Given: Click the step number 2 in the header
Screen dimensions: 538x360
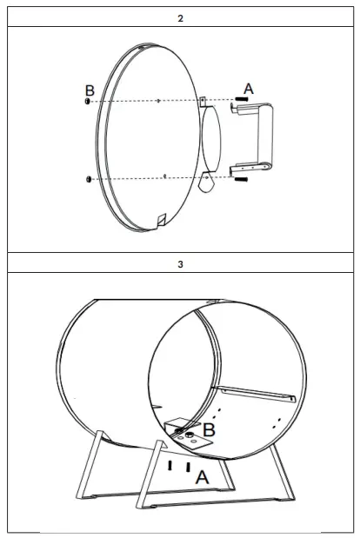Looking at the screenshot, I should pos(180,18).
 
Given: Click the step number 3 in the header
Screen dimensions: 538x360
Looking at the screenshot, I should pos(180,263).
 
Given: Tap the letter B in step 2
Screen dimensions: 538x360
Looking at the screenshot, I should pos(89,90).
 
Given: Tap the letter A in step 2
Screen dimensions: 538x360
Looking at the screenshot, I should pos(249,89).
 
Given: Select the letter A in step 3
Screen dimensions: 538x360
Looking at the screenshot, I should pos(202,476).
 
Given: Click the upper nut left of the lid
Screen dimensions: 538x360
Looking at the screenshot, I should pos(88,103).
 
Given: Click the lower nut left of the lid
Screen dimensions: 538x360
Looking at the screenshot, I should pos(88,179).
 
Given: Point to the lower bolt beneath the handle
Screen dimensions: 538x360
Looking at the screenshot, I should pos(242,180).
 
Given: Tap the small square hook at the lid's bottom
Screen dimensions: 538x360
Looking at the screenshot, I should pos(160,218).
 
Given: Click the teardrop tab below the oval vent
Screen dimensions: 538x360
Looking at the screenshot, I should pos(208,182).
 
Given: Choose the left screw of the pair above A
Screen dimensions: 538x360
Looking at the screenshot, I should pos(171,466).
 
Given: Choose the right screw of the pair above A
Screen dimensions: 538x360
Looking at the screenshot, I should pos(188,466).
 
